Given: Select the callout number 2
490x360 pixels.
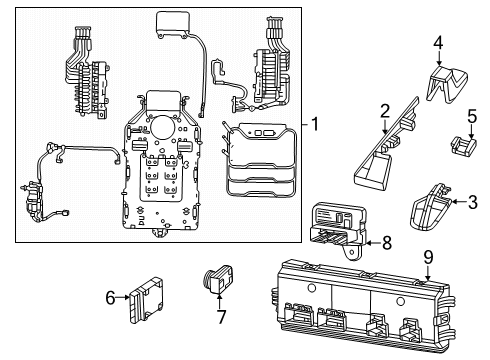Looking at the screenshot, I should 384,111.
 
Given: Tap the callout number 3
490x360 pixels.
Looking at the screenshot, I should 473,202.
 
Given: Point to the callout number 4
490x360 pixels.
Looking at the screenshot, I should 438,41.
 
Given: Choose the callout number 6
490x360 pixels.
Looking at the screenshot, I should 109,296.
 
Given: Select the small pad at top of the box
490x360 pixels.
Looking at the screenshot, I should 176,24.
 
